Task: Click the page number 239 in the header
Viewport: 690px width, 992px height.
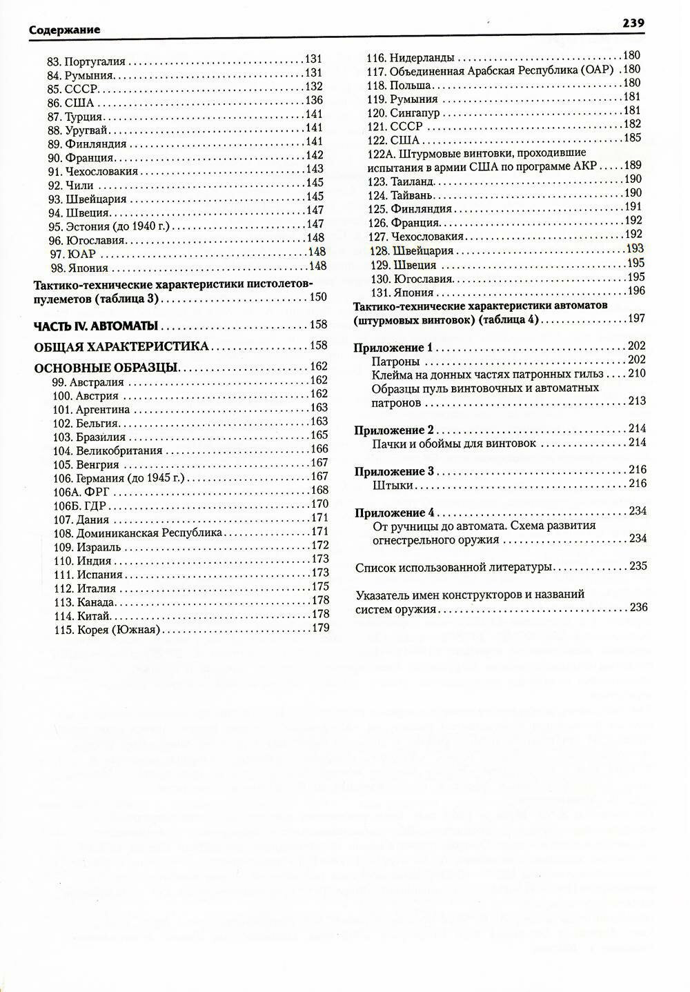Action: click(633, 23)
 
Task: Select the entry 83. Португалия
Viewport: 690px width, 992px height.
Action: click(86, 61)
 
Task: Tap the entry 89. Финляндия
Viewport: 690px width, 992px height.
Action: click(87, 144)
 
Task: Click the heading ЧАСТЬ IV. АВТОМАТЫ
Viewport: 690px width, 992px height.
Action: click(96, 325)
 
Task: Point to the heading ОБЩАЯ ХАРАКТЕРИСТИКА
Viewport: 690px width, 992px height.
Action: click(121, 346)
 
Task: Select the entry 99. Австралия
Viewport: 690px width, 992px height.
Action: click(88, 381)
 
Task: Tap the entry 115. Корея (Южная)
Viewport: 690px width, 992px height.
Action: click(106, 629)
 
